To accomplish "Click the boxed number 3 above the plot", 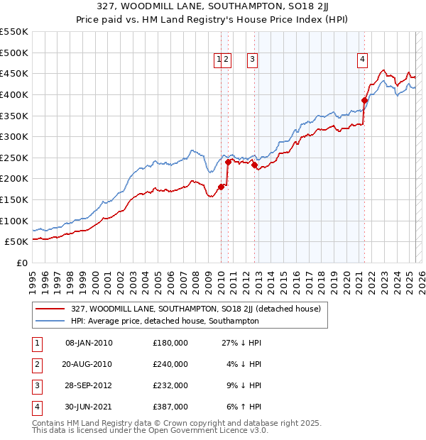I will tap(252, 60).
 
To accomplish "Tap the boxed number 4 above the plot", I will tap(362, 60).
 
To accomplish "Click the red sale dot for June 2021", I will tap(364, 100).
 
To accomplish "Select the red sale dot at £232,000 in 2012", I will tap(254, 165).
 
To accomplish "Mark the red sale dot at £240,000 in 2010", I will tap(228, 162).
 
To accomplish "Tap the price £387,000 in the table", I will tap(170, 407).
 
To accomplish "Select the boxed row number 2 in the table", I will tap(36, 364).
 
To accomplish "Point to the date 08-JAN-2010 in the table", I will tap(89, 343).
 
